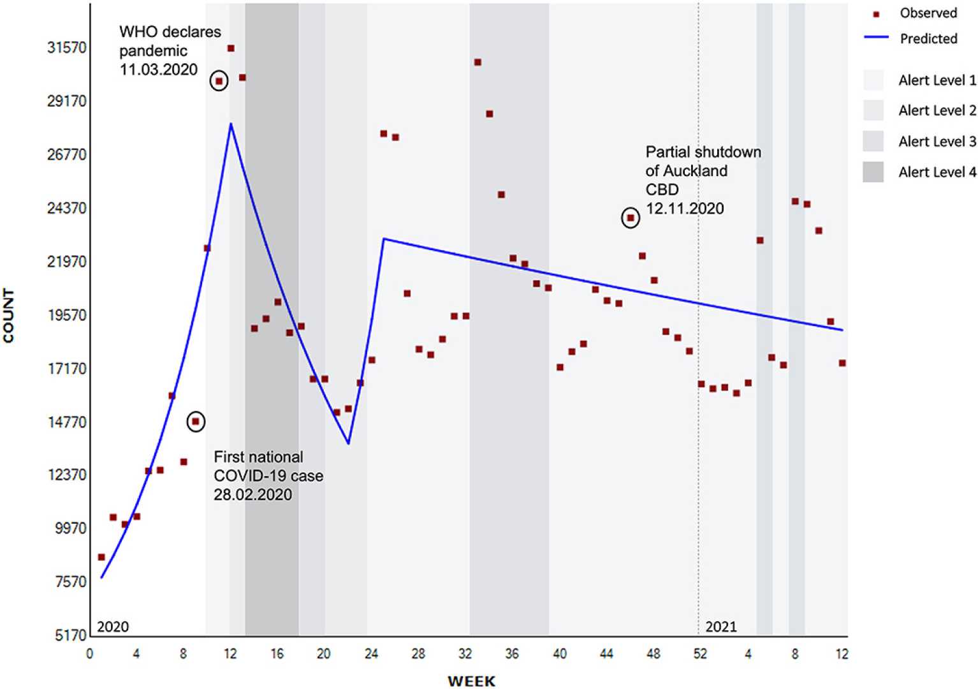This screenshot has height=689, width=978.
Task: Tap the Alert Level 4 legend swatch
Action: pos(873,172)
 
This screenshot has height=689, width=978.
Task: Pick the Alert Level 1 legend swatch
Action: pos(873,80)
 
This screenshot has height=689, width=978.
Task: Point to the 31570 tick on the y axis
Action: pos(67,48)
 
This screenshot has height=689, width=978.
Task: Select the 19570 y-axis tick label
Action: pos(67,315)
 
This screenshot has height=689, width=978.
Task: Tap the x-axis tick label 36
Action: pos(512,654)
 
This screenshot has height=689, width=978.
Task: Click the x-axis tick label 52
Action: pos(700,654)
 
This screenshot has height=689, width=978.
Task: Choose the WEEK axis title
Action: pos(471,681)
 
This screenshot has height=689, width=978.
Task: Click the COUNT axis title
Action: pos(9,315)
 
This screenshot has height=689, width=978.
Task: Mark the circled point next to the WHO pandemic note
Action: pos(219,81)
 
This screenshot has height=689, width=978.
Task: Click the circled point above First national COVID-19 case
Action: pos(196,422)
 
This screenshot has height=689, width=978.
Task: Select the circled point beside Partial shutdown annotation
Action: pos(631,218)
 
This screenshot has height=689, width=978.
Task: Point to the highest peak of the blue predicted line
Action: pos(231,124)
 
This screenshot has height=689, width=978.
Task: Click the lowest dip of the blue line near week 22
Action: pos(348,443)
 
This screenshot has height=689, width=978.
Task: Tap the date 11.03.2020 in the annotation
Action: pos(159,70)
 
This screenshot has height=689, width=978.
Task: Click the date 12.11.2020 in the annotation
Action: pos(685,209)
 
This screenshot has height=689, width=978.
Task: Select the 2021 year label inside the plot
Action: pos(721,626)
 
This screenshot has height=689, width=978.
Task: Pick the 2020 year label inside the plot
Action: pos(113,626)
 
